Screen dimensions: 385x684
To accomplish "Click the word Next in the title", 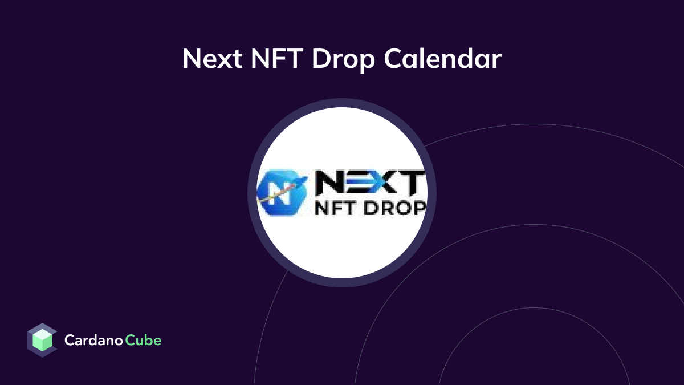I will pos(209,59).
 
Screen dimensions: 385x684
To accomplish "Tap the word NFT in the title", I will pos(271,59).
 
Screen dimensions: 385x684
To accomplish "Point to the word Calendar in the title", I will pos(442,59).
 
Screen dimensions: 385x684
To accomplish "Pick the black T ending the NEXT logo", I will pos(413,183).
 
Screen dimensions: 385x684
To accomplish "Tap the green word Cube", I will pos(143,341).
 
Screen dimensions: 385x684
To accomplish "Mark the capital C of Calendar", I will pos(392,59).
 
